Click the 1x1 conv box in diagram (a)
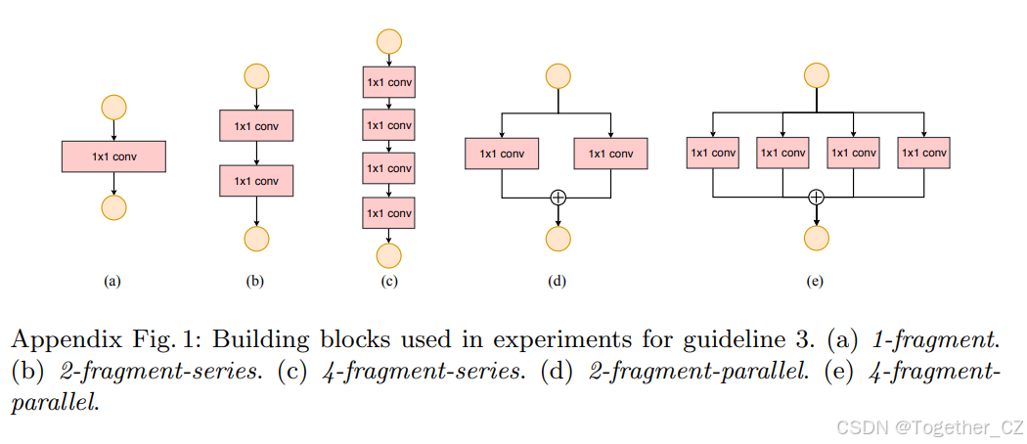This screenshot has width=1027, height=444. point(114,155)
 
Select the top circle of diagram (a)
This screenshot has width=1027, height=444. point(114,107)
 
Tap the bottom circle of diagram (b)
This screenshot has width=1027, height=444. point(256,239)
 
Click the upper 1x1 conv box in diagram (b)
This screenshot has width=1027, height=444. point(256,125)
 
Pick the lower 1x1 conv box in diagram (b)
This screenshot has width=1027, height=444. point(256,180)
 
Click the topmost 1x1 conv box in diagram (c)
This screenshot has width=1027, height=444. point(389,82)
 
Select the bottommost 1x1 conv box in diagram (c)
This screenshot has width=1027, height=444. point(389,211)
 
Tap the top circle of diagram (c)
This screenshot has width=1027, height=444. point(389,41)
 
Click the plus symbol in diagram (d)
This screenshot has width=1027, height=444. point(558,197)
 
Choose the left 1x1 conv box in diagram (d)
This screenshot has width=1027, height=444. point(502,153)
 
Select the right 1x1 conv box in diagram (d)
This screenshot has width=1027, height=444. point(610,153)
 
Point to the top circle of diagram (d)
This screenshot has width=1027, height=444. point(558,76)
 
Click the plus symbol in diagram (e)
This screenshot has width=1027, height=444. point(817,197)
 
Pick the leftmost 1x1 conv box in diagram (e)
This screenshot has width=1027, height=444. point(713,153)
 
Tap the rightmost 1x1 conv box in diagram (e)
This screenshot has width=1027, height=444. point(924,153)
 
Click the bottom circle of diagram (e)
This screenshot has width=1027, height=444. point(817,238)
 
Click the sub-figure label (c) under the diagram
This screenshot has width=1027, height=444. point(389,282)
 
